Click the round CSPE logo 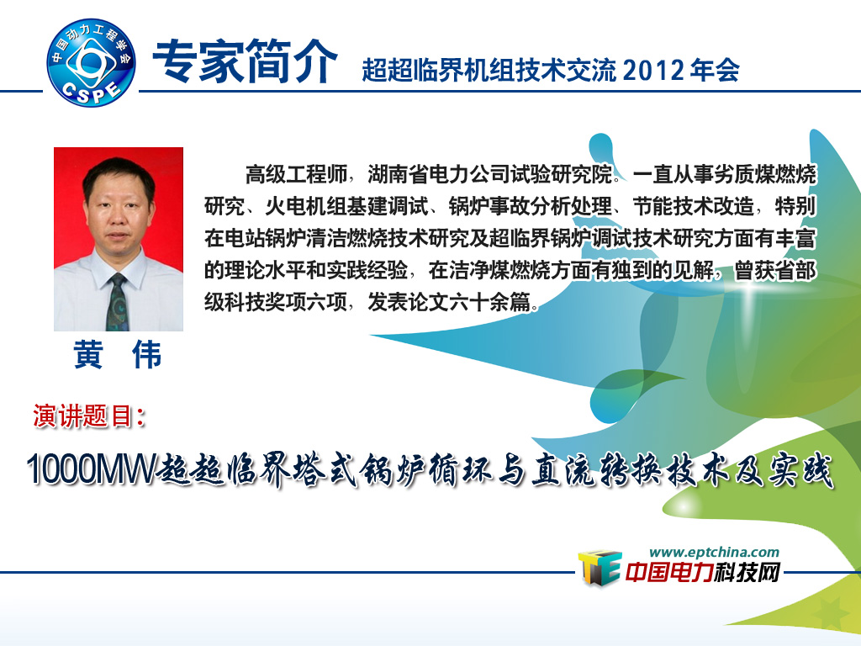pyautogui.click(x=91, y=62)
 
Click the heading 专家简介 pyautogui.click(x=245, y=61)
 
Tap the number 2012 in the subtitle pyautogui.click(x=653, y=71)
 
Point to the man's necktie pyautogui.click(x=116, y=302)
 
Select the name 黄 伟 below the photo pyautogui.click(x=118, y=354)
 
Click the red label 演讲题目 pyautogui.click(x=88, y=416)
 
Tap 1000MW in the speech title pyautogui.click(x=91, y=469)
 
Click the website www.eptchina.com pyautogui.click(x=714, y=552)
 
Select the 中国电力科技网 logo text pyautogui.click(x=703, y=573)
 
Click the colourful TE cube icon pyautogui.click(x=599, y=568)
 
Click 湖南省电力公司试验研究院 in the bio pyautogui.click(x=490, y=174)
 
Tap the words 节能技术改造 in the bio pyautogui.click(x=694, y=206)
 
